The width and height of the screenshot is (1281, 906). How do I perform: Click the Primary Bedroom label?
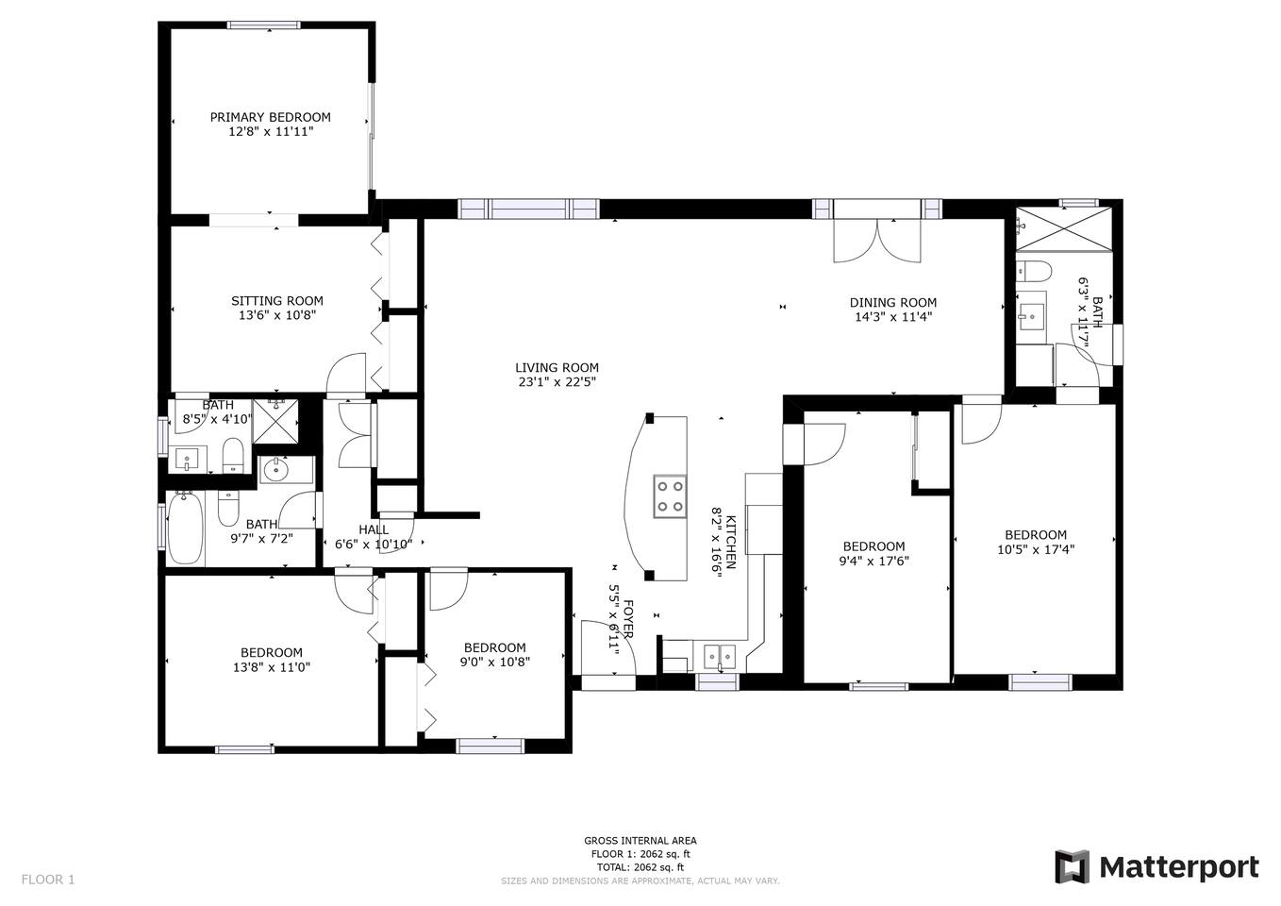pos(270,117)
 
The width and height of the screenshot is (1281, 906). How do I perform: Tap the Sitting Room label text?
pos(276,301)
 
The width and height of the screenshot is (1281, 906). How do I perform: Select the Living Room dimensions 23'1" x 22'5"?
pos(557,382)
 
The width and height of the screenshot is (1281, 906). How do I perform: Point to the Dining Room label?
pos(892,303)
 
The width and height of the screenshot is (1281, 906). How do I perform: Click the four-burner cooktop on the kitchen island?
pos(671,495)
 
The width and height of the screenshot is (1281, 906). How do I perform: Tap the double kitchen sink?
pos(720,658)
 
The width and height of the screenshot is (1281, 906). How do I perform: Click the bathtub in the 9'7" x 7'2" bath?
pos(185,528)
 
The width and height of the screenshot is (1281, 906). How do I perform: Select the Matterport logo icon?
pos(1073,867)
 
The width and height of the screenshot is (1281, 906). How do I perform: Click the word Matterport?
pos(1179,868)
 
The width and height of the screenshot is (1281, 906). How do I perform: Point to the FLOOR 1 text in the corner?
pos(48,880)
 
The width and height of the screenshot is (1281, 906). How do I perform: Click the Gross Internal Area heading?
pos(640,841)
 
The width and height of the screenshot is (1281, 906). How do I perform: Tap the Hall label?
pos(374,529)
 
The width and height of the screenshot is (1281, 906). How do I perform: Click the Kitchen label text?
pos(730,543)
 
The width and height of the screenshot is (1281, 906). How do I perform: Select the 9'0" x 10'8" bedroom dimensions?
pos(494,663)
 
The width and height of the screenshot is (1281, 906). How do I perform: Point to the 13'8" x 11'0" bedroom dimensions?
pos(272,667)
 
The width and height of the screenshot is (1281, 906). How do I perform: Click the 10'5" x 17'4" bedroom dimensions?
pos(1036,549)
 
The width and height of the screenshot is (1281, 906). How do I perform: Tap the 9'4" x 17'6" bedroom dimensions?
pos(873,562)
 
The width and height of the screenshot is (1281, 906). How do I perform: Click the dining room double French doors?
pos(877,241)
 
